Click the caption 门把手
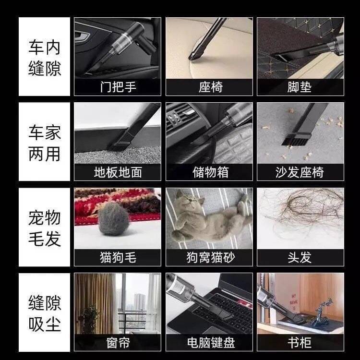tap(118, 87)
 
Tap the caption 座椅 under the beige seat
tap(211, 87)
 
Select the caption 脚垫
tap(300, 87)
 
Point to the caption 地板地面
tap(118, 172)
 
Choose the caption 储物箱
tap(211, 172)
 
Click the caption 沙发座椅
tap(300, 172)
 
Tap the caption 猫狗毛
tap(118, 257)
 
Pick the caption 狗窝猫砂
tap(211, 257)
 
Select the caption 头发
tap(300, 257)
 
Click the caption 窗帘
tap(118, 343)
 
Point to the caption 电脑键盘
tap(211, 343)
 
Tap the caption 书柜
tap(300, 343)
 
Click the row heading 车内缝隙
tap(45, 58)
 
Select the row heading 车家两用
tap(45, 143)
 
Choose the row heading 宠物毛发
tap(45, 228)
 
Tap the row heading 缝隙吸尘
tap(45, 313)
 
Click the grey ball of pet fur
tap(113, 219)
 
